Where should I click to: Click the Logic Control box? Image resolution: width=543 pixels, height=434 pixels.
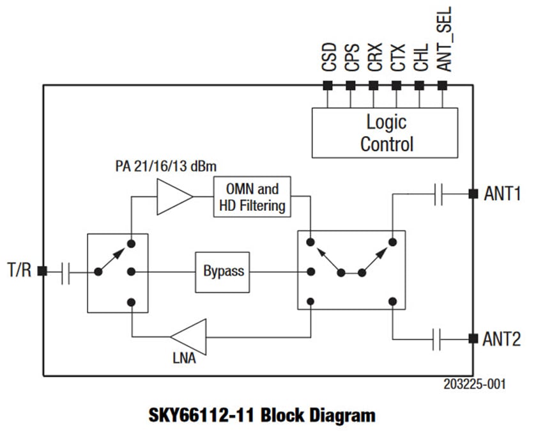(385, 132)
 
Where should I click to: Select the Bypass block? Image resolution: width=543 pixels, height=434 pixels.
(223, 271)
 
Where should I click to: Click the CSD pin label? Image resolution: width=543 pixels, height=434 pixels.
(328, 58)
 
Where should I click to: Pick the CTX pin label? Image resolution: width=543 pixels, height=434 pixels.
(397, 58)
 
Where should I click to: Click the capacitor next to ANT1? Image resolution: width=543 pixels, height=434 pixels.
(438, 194)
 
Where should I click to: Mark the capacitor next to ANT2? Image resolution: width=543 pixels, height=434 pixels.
(438, 339)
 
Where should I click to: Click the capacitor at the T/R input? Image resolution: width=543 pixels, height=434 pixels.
(66, 272)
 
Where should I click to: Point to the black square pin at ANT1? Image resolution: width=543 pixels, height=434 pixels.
(473, 194)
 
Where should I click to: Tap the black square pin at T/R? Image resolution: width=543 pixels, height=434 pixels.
(43, 272)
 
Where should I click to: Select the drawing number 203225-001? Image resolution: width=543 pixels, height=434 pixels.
(475, 385)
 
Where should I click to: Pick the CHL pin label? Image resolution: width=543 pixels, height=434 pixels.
(420, 58)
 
